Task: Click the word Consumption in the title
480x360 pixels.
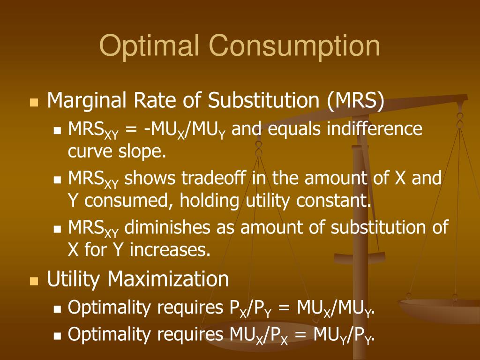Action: (294, 47)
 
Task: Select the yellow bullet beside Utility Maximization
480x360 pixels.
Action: (33, 281)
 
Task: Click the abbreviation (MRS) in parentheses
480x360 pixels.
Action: (356, 100)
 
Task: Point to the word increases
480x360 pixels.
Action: (170, 250)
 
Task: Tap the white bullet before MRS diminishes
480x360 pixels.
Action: (58, 230)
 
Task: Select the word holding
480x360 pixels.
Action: (215, 201)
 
